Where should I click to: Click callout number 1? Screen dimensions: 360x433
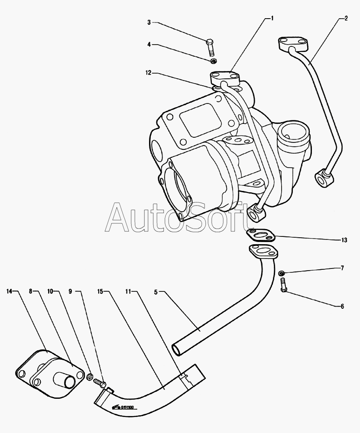click(272, 18)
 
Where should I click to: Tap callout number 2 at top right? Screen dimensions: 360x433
click(346, 18)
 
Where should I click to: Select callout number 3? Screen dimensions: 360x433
click(149, 22)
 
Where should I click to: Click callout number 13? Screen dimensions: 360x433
click(344, 239)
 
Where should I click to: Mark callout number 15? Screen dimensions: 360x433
click(100, 291)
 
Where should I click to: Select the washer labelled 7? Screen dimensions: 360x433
click(281, 273)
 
